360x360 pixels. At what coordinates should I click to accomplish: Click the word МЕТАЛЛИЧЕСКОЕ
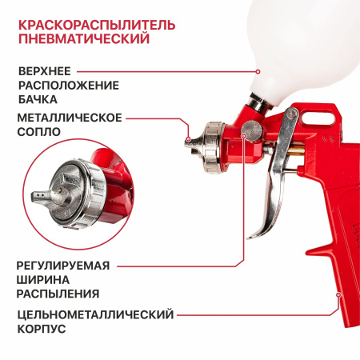tap(69, 118)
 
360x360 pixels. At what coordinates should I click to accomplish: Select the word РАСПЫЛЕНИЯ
tap(58, 294)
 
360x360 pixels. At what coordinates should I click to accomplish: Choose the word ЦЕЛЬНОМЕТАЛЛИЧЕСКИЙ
tap(94, 314)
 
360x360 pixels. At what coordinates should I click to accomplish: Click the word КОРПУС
tap(41, 329)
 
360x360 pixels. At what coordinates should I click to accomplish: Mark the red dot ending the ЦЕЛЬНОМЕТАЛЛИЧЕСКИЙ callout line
tap(338, 294)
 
